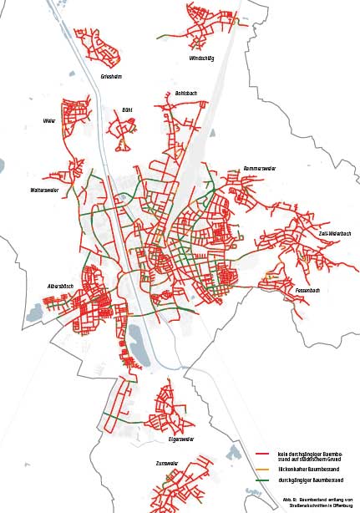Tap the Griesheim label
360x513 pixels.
[112, 76]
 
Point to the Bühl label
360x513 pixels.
[127, 109]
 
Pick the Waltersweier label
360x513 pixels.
[44, 190]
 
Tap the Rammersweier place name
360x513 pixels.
[260, 169]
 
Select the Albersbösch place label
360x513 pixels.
[62, 287]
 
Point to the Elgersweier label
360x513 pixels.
[181, 438]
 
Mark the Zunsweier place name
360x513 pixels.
[167, 463]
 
